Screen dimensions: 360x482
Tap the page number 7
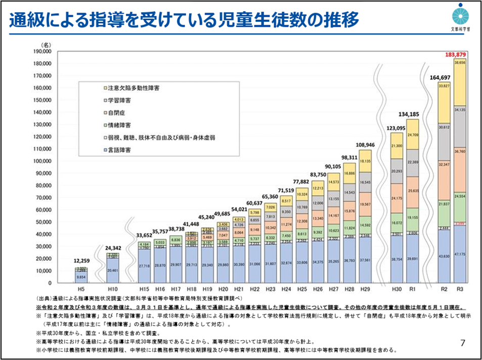(x=463, y=342)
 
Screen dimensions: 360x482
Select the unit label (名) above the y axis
(x=47, y=45)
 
